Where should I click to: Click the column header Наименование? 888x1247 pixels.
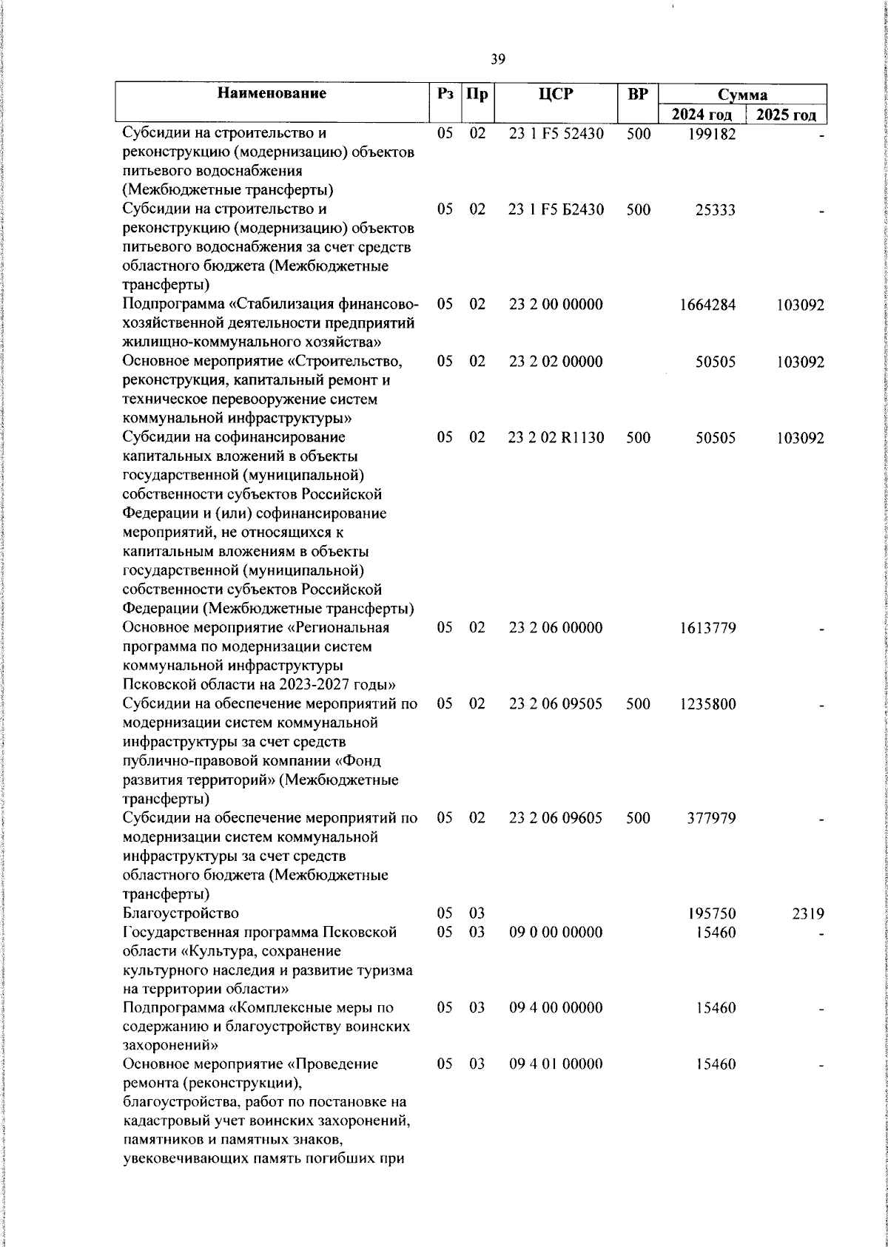[x=272, y=94]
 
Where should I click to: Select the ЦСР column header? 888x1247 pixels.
[x=556, y=95]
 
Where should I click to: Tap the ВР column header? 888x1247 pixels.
[x=637, y=95]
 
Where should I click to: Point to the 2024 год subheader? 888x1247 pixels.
[x=702, y=115]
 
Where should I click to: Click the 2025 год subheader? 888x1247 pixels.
[x=786, y=115]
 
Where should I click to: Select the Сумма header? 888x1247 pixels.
[x=742, y=95]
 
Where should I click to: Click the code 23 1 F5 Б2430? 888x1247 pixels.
[x=556, y=210]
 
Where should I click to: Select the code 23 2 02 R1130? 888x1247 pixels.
[x=556, y=438]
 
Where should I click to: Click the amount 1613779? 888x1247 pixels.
[x=707, y=628]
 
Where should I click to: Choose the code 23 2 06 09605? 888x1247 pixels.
[x=556, y=818]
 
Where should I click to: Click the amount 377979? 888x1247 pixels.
[x=711, y=818]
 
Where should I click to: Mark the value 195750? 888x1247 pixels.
[x=711, y=913]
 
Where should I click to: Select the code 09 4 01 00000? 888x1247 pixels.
[x=556, y=1064]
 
